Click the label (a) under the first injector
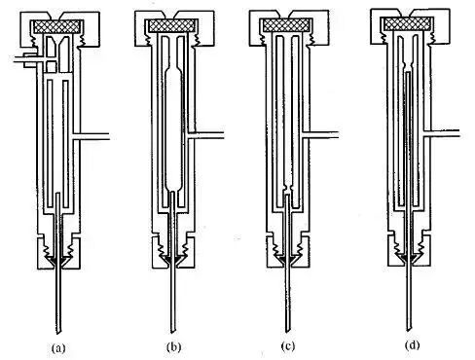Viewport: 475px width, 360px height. [58, 348]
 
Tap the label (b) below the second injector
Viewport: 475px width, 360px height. [173, 347]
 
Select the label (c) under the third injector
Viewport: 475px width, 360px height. [288, 346]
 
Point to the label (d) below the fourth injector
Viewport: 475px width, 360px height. [412, 345]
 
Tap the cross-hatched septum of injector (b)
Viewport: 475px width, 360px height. [171, 26]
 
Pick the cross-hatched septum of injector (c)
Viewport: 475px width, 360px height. [286, 25]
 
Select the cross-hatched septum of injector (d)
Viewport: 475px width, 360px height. [408, 23]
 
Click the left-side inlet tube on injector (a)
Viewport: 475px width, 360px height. [25, 59]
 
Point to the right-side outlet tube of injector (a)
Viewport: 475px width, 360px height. [92, 136]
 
